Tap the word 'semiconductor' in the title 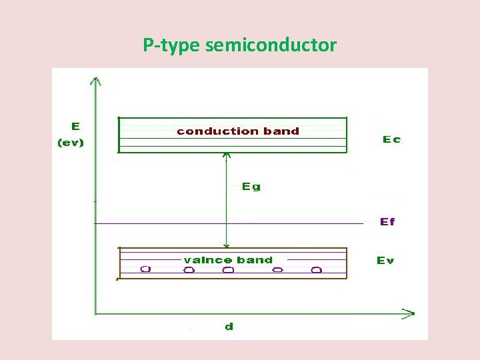[271, 45]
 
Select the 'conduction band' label [238, 131]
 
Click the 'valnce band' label [228, 260]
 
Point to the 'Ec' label [391, 139]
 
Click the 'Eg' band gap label [251, 187]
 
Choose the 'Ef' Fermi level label [387, 221]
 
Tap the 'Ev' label [385, 260]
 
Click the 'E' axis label [75, 125]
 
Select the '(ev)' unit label [71, 143]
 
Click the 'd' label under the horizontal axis [229, 327]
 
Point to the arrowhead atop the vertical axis [97, 81]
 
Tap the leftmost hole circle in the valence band [145, 269]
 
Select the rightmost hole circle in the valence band [317, 270]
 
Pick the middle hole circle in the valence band [228, 270]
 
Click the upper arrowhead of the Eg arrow [227, 156]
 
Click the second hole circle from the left [189, 270]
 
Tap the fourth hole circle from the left [278, 270]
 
